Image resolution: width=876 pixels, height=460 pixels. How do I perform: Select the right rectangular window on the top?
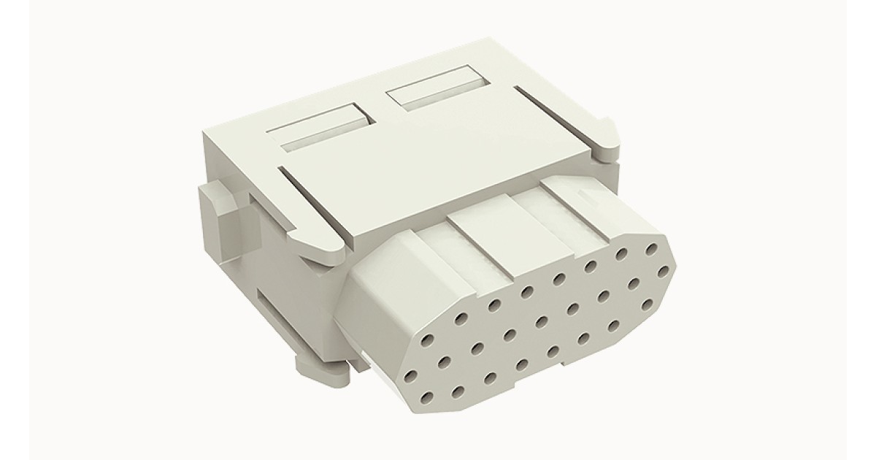432,89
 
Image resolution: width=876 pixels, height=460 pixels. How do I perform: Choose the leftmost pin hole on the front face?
410,376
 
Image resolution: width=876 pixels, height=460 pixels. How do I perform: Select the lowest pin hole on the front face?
426,397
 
